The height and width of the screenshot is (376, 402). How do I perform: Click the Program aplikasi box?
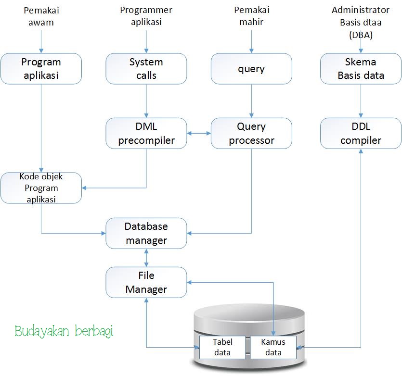point(41,69)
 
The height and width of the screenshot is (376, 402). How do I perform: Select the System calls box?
point(146,69)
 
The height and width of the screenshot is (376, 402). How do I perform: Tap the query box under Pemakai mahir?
point(251,69)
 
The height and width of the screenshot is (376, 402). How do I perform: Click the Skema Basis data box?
point(361,69)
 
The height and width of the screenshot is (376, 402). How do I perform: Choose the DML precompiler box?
point(146,133)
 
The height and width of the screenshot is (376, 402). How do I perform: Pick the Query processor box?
point(251,133)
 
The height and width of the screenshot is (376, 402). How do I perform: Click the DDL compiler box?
point(361,133)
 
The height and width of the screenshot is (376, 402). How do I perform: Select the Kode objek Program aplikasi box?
point(41,188)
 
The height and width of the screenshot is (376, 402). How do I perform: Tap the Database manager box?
point(146,233)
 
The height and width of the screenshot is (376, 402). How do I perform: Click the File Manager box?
point(146,282)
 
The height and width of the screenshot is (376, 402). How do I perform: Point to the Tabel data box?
point(222,347)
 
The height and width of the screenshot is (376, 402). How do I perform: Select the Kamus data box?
point(273,347)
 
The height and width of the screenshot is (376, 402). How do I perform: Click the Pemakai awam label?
point(41,16)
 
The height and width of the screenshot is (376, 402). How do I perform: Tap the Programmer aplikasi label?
point(146,16)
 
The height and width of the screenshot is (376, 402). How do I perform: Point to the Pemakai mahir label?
point(251,16)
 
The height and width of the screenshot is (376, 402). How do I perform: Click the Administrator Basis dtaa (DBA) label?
point(361,22)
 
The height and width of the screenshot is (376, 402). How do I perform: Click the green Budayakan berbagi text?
point(64,332)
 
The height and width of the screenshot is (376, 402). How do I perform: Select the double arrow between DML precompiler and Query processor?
point(198,133)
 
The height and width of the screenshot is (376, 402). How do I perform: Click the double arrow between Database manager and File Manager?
point(146,258)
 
